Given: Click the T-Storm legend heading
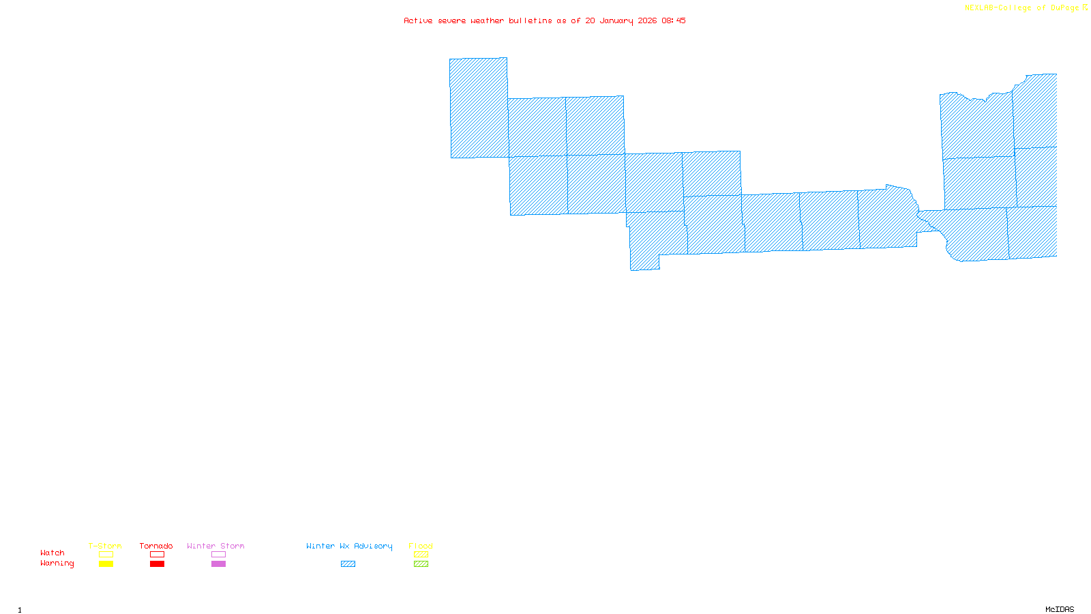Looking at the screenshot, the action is pyautogui.click(x=105, y=546).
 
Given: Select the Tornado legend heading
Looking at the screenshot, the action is pyautogui.click(x=156, y=546).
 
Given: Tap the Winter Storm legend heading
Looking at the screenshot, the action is pyautogui.click(x=215, y=546).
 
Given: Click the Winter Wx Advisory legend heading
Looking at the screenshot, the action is pyautogui.click(x=349, y=546).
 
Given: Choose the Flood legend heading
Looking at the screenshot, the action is pyautogui.click(x=421, y=546).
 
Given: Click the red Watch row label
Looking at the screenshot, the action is pyautogui.click(x=53, y=553).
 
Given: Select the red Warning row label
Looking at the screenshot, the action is pyautogui.click(x=57, y=564).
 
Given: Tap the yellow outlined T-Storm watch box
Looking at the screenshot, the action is pyautogui.click(x=106, y=555).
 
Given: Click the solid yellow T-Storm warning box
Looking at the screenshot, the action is pyautogui.click(x=106, y=564).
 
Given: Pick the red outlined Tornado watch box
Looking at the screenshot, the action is pyautogui.click(x=157, y=555).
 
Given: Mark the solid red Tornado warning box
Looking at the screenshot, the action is pyautogui.click(x=157, y=564).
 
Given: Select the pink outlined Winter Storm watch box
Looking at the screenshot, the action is pyautogui.click(x=218, y=555).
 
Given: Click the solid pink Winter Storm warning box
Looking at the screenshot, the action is pyautogui.click(x=218, y=564).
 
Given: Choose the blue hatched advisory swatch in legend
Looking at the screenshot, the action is pyautogui.click(x=348, y=564).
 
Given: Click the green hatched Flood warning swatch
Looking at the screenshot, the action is pyautogui.click(x=421, y=564).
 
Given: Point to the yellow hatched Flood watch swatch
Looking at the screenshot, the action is pyautogui.click(x=421, y=555).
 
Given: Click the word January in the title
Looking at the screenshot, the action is pyautogui.click(x=616, y=21).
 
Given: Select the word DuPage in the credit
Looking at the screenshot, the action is pyautogui.click(x=1064, y=8).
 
